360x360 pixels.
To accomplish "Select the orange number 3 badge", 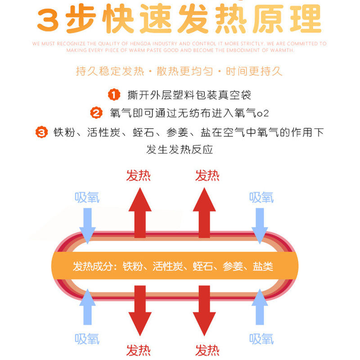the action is pyautogui.click(x=42, y=132).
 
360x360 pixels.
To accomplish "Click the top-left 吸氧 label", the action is pyautogui.click(x=87, y=197).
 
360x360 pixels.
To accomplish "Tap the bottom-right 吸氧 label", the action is pyautogui.click(x=261, y=338).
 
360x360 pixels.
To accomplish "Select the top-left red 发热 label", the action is pyautogui.click(x=138, y=175).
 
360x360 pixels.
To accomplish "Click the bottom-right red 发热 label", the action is pyautogui.click(x=207, y=350).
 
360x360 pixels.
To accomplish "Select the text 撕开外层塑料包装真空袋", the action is pyautogui.click(x=189, y=95).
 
